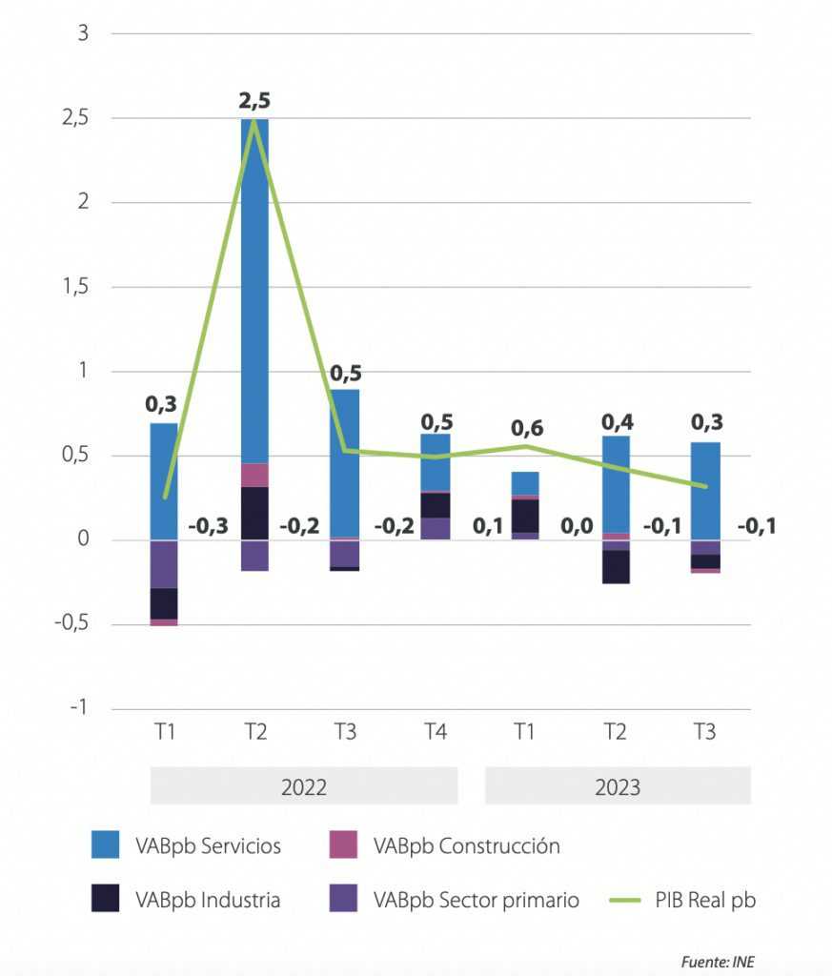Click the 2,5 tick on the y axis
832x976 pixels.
point(75,118)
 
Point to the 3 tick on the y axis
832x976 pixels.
point(82,33)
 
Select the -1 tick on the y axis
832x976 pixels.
point(78,708)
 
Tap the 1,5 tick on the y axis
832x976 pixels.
point(75,287)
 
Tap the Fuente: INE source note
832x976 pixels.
point(718,962)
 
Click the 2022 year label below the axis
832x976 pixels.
point(304,787)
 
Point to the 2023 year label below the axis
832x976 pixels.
point(618,787)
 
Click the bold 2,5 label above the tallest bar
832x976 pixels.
point(254,100)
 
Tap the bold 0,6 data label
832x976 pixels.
point(526,428)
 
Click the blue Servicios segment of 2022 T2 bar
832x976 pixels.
point(254,286)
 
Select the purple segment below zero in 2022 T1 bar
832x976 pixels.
point(164,564)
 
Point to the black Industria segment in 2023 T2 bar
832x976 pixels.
point(616,566)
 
